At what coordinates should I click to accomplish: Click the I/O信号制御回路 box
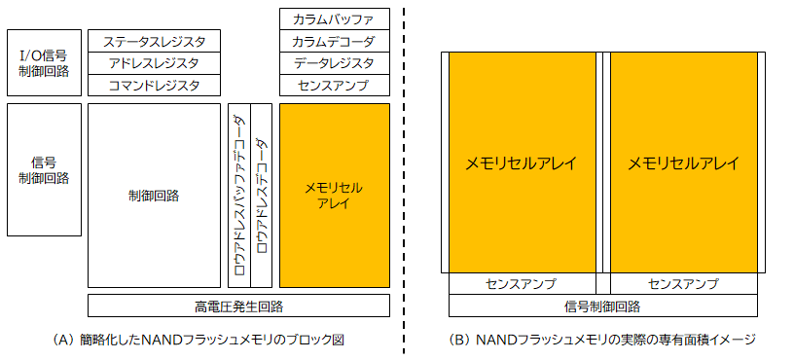44,62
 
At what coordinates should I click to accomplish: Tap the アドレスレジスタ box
154,62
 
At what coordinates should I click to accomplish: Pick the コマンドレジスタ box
154,85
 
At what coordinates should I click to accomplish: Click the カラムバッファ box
335,18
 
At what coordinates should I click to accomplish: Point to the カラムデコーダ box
335,41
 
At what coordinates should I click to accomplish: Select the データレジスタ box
335,63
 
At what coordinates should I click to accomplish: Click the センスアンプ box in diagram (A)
335,86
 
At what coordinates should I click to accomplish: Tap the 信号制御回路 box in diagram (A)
44,169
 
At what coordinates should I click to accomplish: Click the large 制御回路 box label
154,196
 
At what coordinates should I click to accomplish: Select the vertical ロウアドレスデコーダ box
261,196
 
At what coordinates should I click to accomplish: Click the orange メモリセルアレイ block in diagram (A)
335,196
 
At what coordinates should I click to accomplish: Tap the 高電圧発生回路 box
238,306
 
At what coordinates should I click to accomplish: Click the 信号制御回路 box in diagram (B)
602,306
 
